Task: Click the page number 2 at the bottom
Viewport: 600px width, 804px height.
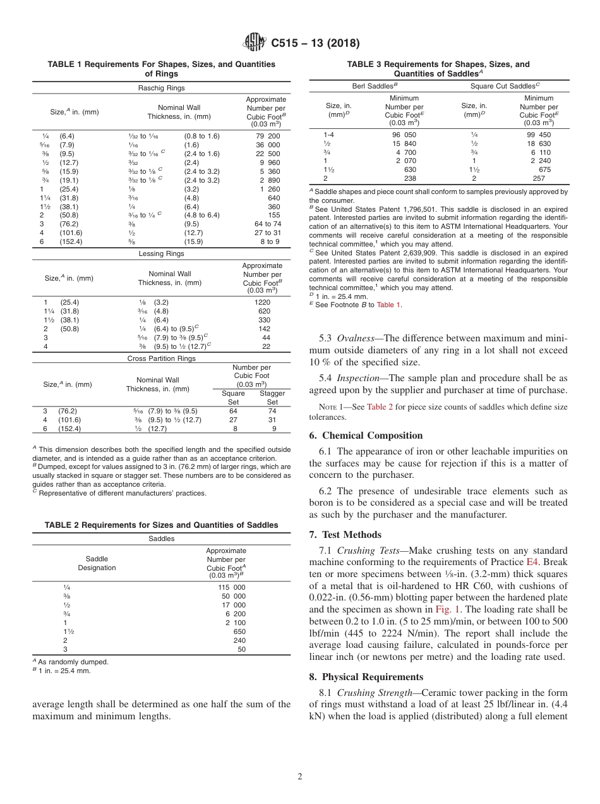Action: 300,776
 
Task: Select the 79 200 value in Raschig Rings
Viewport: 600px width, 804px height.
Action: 268,136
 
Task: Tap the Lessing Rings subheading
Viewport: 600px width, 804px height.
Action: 161,253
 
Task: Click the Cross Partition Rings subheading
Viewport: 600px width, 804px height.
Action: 161,358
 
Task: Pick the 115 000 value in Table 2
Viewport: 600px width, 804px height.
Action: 232,587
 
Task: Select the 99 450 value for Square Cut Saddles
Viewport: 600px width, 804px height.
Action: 538,135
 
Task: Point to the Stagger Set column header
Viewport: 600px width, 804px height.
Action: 272,398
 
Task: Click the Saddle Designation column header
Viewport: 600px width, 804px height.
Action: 97,563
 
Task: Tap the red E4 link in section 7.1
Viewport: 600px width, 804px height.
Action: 533,561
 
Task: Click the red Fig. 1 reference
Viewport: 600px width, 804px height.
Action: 448,609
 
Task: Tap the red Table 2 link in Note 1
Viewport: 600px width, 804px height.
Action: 380,407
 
